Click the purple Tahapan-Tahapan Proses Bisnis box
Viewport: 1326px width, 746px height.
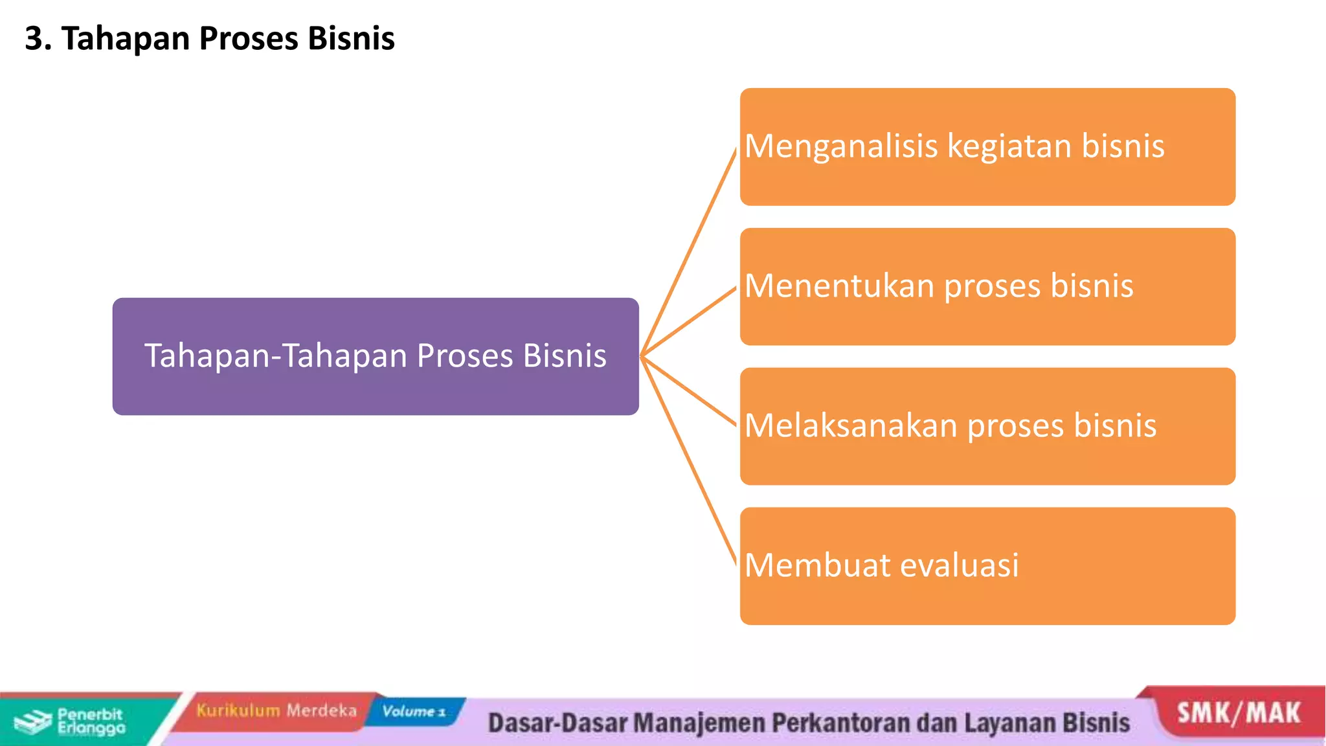(x=376, y=356)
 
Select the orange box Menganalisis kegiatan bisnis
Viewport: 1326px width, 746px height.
(x=987, y=147)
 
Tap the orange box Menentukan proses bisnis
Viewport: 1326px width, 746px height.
(x=987, y=286)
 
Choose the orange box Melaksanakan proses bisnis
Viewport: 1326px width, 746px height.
(x=987, y=426)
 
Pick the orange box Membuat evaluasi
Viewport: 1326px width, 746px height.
(x=987, y=566)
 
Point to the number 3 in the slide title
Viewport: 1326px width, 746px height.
(x=34, y=38)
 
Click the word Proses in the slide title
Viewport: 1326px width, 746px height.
(x=249, y=39)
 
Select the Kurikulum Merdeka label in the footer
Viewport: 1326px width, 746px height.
(x=276, y=710)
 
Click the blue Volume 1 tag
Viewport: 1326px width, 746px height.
(x=414, y=711)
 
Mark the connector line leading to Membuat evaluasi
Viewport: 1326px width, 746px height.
(x=689, y=460)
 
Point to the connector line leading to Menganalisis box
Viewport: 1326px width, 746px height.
(x=689, y=252)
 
